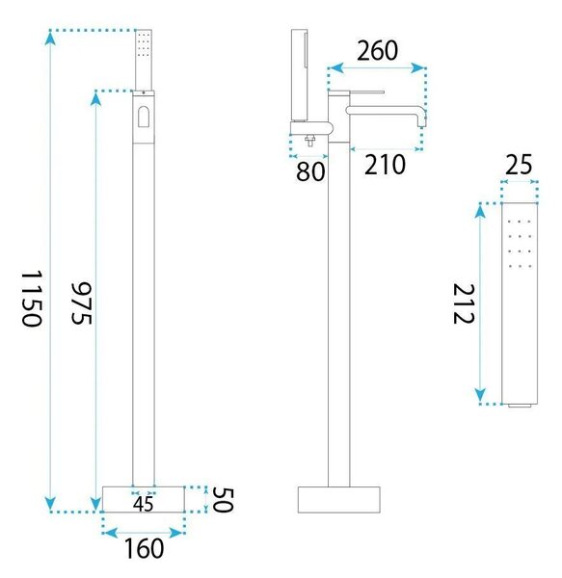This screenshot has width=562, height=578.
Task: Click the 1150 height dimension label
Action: pyautogui.click(x=32, y=299)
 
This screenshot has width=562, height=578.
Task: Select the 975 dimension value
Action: pyautogui.click(x=82, y=303)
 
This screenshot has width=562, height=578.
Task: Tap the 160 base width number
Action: pyautogui.click(x=144, y=549)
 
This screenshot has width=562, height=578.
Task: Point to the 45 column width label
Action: pyautogui.click(x=144, y=504)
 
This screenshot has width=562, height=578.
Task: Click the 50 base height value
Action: pyautogui.click(x=223, y=500)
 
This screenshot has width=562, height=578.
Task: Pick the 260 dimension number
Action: pyautogui.click(x=377, y=50)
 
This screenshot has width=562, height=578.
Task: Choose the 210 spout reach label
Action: pyautogui.click(x=385, y=165)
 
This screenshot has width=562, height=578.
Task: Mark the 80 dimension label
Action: pyautogui.click(x=310, y=171)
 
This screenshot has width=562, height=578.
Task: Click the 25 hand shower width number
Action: pyautogui.click(x=519, y=165)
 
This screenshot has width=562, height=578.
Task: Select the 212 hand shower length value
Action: pyautogui.click(x=464, y=303)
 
